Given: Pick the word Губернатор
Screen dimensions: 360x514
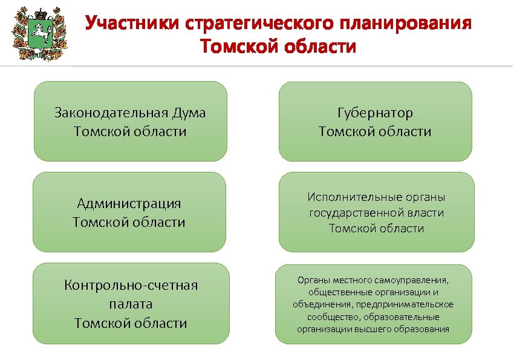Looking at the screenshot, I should pos(375,113).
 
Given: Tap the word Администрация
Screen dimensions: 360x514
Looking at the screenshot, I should pos(129,203).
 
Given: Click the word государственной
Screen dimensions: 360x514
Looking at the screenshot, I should pos(359,212).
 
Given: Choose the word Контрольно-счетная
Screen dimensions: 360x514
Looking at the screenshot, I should pos(131,285).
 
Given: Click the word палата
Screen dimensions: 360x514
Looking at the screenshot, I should pos(131,304).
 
